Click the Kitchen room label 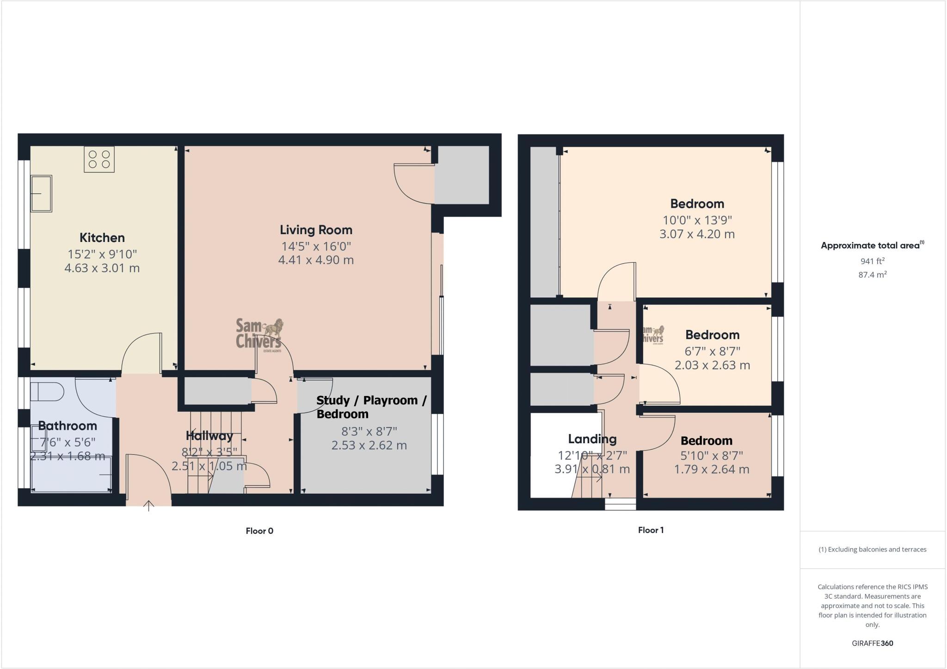tap(102, 238)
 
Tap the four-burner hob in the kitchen tap(99, 160)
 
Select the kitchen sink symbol tap(41, 193)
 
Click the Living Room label tap(316, 230)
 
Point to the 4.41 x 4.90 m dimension tap(316, 260)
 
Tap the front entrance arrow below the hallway tap(148, 506)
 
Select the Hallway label tap(209, 435)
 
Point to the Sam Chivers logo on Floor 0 tap(259, 334)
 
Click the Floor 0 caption tap(259, 531)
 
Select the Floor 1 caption tap(651, 530)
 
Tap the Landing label tap(592, 439)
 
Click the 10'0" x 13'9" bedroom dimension tap(697, 220)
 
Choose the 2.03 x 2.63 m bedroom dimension tap(712, 365)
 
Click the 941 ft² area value tap(872, 261)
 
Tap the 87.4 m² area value tap(872, 275)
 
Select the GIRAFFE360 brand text tap(872, 643)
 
